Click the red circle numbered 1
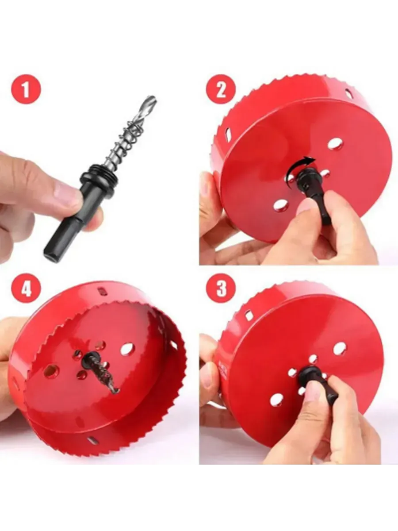[x=26, y=89]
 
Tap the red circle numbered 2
[x=221, y=89]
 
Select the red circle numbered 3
[x=221, y=288]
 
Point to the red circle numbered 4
[x=26, y=288]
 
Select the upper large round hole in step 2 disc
[x=336, y=144]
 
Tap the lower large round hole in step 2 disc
[x=281, y=206]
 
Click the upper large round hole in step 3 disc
[x=340, y=349]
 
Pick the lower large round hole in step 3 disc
[x=276, y=400]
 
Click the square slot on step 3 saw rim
[x=249, y=316]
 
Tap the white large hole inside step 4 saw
[x=128, y=349]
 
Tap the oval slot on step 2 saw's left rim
[x=228, y=135]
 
